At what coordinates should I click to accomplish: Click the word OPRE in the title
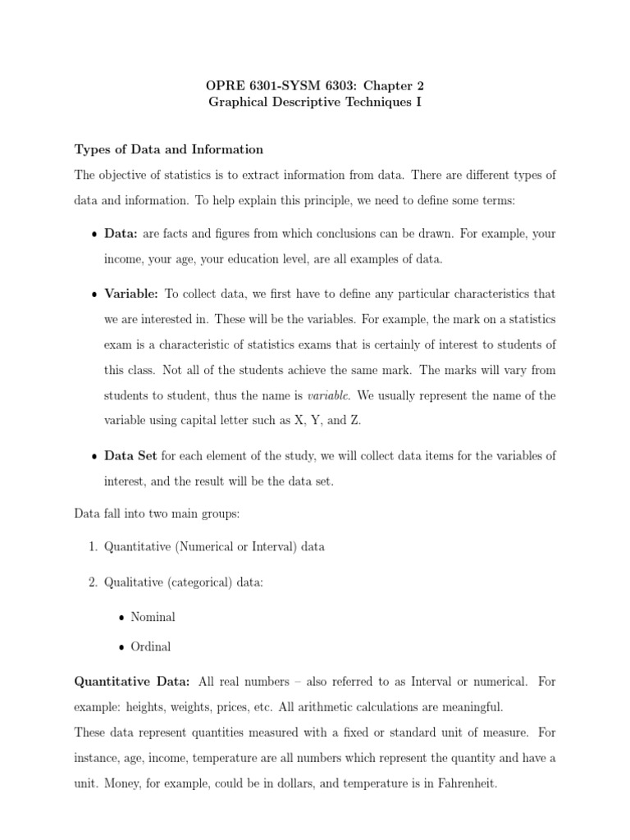click(x=222, y=85)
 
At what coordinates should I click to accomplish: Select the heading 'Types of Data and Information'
click(x=168, y=149)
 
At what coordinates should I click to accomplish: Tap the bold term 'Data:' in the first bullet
click(x=121, y=234)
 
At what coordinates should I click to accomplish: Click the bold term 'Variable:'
click(x=131, y=294)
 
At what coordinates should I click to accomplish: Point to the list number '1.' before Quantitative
click(x=93, y=547)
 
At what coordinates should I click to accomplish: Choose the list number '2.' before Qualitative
click(x=93, y=582)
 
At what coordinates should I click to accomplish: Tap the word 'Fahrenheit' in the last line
click(x=465, y=784)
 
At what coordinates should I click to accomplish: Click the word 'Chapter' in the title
click(x=388, y=85)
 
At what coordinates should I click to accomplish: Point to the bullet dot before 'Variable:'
click(x=94, y=294)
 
